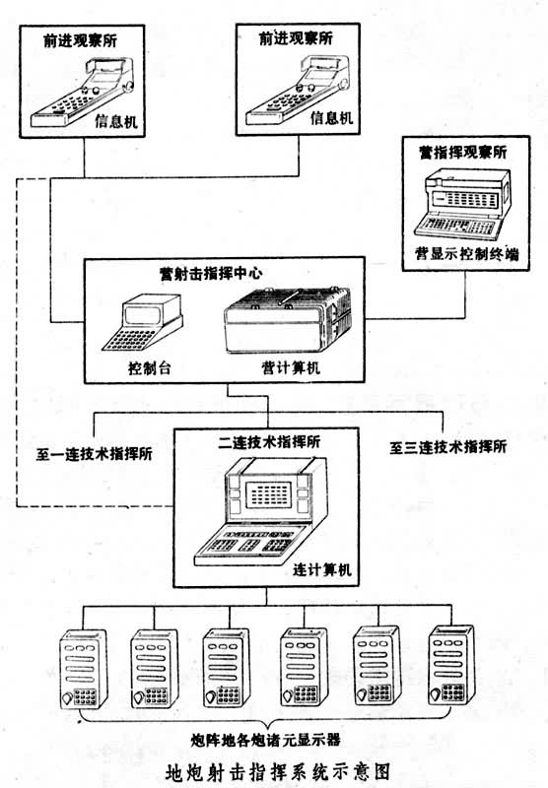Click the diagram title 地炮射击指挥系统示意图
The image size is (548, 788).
(x=278, y=771)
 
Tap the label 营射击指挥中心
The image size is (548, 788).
(x=211, y=274)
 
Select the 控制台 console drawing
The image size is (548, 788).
(x=142, y=323)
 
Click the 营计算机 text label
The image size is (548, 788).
(x=291, y=367)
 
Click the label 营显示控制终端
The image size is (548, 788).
(x=466, y=254)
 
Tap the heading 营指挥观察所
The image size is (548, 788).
(x=463, y=153)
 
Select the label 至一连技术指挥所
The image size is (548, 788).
(x=94, y=454)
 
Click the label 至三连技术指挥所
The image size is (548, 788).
(x=447, y=447)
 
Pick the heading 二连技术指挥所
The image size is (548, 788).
(x=269, y=442)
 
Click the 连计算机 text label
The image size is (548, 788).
(x=322, y=570)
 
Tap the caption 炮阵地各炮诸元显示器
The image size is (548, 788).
(x=265, y=740)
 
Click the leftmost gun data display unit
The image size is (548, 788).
(x=84, y=670)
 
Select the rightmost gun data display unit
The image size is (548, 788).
(x=451, y=666)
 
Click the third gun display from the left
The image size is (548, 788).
(x=227, y=668)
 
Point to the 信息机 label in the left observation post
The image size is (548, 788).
(x=116, y=121)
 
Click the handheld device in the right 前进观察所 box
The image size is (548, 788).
(x=299, y=91)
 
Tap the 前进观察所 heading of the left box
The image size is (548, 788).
(x=81, y=40)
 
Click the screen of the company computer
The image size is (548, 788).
(x=271, y=494)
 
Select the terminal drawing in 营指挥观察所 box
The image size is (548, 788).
(x=462, y=204)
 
